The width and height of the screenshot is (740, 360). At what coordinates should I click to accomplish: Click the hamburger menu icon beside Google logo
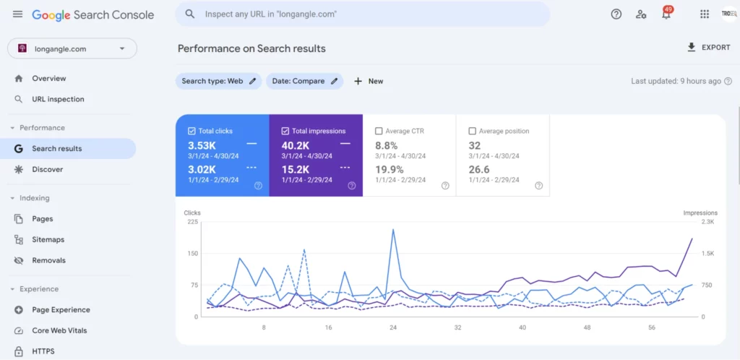click(17, 14)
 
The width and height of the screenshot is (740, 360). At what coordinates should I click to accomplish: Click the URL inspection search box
click(361, 14)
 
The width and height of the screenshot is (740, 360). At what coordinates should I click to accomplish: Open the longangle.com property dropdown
click(72, 48)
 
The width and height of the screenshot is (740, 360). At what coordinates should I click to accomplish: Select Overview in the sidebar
click(48, 78)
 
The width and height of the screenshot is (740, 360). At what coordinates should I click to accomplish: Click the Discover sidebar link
click(47, 169)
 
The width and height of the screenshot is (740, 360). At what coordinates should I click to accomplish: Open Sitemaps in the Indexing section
click(48, 239)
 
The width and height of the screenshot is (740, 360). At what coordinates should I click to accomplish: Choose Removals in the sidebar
click(48, 260)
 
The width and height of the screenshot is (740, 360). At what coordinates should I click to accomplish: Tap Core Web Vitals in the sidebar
click(59, 330)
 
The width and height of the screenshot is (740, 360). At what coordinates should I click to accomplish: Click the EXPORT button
click(708, 48)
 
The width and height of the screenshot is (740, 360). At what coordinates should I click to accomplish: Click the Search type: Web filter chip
click(218, 81)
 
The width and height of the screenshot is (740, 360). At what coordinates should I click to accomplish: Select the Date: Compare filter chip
click(304, 81)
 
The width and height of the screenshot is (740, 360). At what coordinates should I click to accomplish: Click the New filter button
click(369, 81)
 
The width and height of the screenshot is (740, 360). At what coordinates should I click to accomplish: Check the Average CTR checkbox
click(379, 132)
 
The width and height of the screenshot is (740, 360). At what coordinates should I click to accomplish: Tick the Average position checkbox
click(472, 132)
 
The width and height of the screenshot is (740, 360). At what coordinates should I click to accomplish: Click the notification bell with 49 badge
click(666, 14)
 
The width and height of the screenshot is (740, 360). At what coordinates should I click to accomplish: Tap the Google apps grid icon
click(705, 14)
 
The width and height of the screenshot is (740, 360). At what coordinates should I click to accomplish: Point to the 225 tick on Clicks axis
click(192, 222)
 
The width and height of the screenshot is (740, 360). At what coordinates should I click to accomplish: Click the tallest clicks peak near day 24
click(393, 230)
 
